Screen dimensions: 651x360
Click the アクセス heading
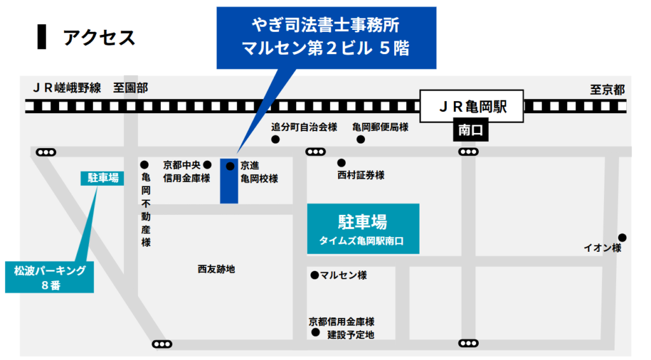click(x=99, y=38)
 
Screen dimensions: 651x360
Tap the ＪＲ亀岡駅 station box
click(x=472, y=106)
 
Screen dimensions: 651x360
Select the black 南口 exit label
click(x=470, y=130)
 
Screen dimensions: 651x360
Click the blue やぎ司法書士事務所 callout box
click(x=326, y=38)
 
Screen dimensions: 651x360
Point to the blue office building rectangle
click(x=229, y=181)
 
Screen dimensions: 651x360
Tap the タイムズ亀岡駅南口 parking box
click(x=363, y=229)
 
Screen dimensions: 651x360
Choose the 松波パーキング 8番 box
click(x=50, y=277)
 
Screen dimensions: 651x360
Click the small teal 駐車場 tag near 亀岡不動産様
click(x=102, y=178)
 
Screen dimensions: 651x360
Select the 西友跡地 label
click(x=216, y=269)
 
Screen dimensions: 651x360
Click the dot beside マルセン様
click(x=314, y=275)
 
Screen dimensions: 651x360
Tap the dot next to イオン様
click(x=622, y=237)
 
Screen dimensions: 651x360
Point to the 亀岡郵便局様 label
click(x=380, y=127)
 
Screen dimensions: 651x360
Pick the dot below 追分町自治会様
click(x=275, y=139)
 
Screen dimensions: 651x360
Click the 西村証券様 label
click(x=361, y=175)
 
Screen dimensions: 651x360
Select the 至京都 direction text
click(x=607, y=90)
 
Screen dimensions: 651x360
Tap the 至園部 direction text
click(x=130, y=88)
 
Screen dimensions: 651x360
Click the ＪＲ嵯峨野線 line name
click(x=67, y=88)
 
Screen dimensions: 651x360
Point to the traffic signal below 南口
click(x=469, y=152)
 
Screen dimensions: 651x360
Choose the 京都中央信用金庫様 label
click(x=186, y=172)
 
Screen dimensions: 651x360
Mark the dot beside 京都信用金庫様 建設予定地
click(x=315, y=332)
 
